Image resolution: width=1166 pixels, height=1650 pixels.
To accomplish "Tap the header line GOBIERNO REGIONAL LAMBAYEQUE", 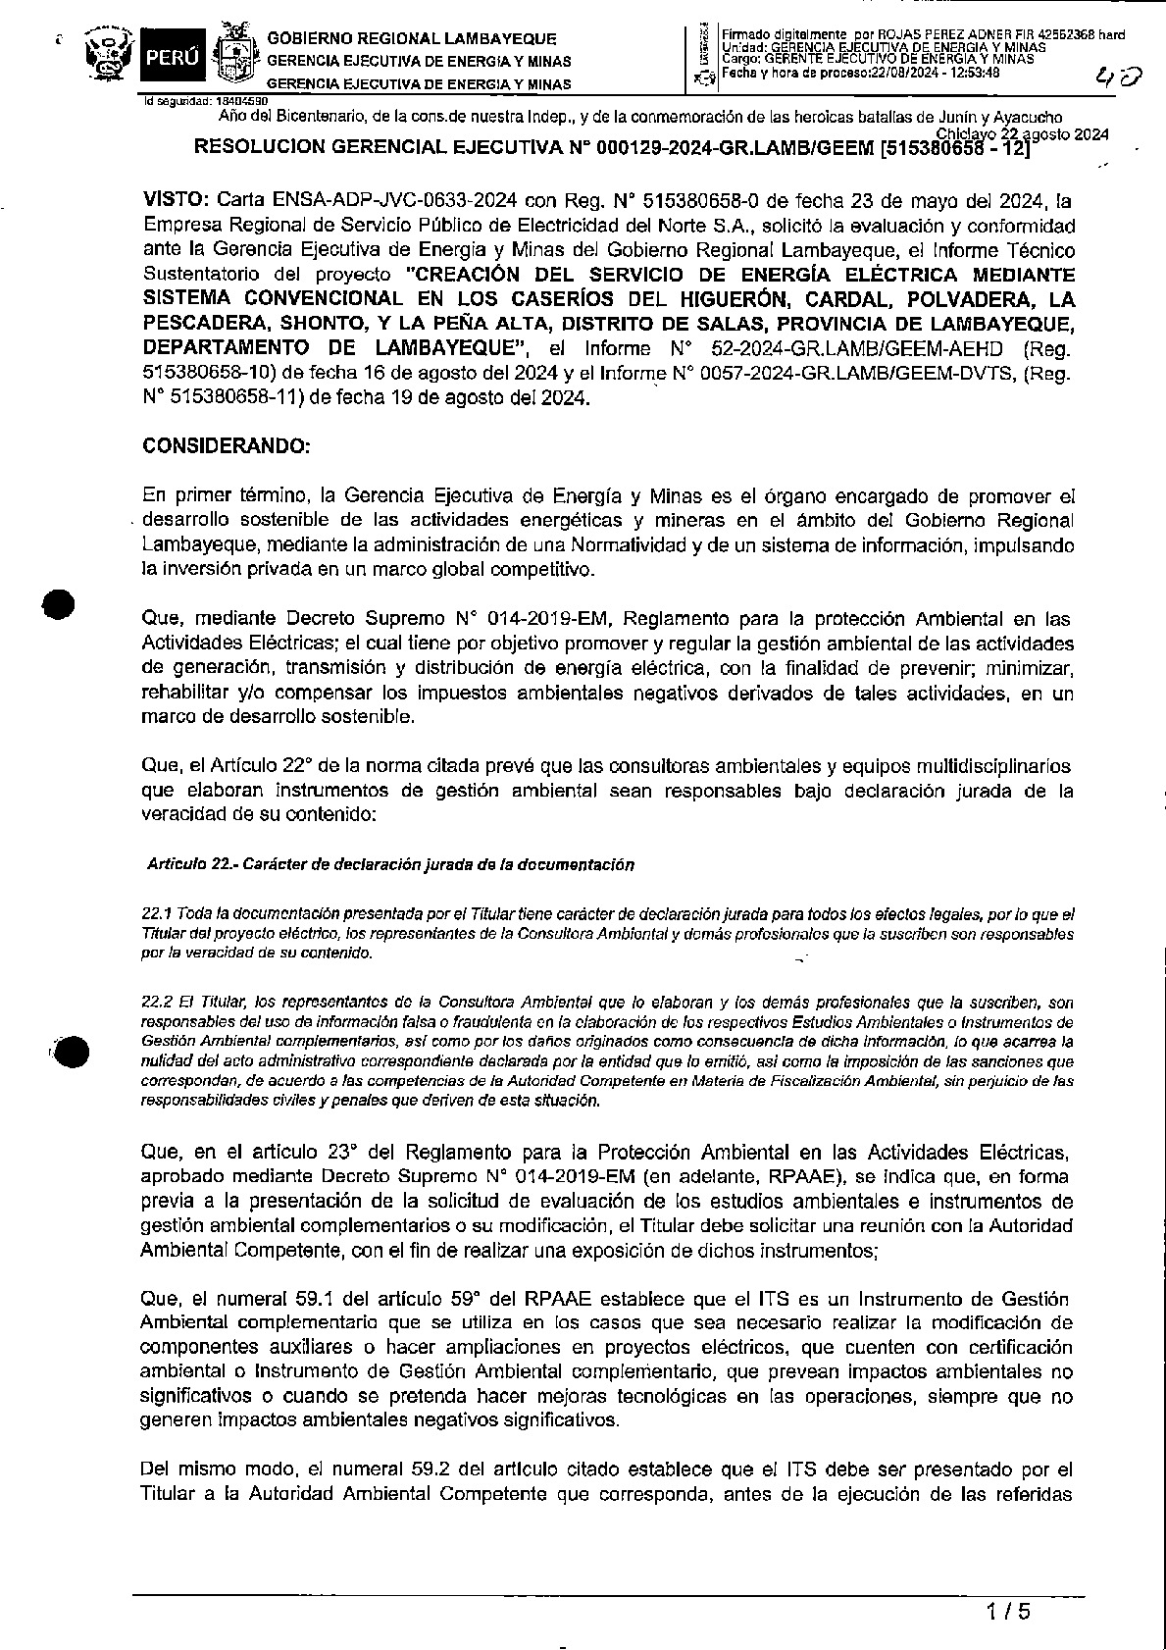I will point(412,39).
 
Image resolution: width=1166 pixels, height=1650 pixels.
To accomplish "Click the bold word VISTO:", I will point(176,203).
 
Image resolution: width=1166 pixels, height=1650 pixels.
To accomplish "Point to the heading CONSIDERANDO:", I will point(227,445).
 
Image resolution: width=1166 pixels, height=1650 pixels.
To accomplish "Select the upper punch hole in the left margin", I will point(60,604).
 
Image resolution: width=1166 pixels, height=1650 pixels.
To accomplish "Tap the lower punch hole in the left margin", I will point(71,1051).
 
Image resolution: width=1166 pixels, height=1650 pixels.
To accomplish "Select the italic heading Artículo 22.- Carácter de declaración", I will point(390,864).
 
